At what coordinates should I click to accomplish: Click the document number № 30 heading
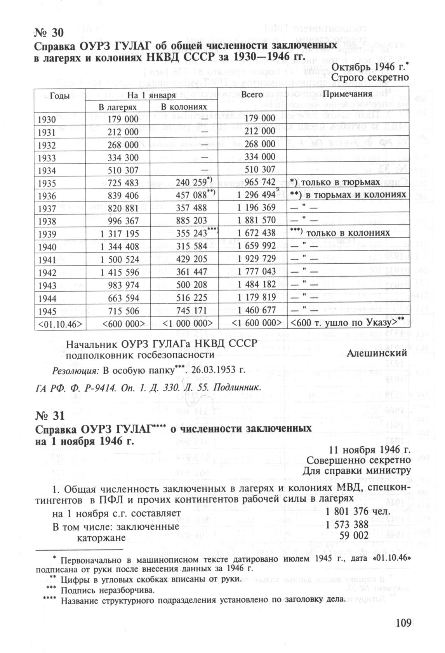pos(49,32)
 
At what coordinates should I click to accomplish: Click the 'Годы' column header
pos(59,95)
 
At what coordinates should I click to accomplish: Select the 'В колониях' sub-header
pos(184,107)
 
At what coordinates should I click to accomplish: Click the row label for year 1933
pos(47,158)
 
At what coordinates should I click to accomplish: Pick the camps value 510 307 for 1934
pos(122,170)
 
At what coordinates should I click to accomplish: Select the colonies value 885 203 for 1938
pos(191,221)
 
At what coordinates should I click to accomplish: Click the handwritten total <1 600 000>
pos(256,323)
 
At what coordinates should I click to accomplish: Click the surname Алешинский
pos(377,353)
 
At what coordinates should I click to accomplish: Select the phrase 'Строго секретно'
pos(371,78)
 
